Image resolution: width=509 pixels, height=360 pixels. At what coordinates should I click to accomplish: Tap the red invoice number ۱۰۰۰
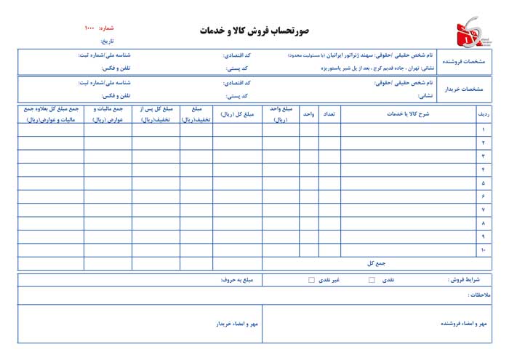89,28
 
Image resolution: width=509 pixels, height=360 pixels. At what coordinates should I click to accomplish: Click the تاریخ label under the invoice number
107,41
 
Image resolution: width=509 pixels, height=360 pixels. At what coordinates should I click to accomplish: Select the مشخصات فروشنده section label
467,62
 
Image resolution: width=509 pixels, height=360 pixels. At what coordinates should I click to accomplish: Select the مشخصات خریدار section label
467,89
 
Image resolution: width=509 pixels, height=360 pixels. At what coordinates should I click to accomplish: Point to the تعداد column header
329,113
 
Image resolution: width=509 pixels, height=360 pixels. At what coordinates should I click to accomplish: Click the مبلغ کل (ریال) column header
237,113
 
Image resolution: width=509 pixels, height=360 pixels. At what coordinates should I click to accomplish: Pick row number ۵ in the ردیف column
483,183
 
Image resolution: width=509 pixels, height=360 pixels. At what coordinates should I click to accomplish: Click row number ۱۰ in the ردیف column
483,249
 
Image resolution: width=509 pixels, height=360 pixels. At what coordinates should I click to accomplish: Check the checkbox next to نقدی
372,280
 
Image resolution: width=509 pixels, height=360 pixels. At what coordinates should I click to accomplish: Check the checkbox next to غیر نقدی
311,280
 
